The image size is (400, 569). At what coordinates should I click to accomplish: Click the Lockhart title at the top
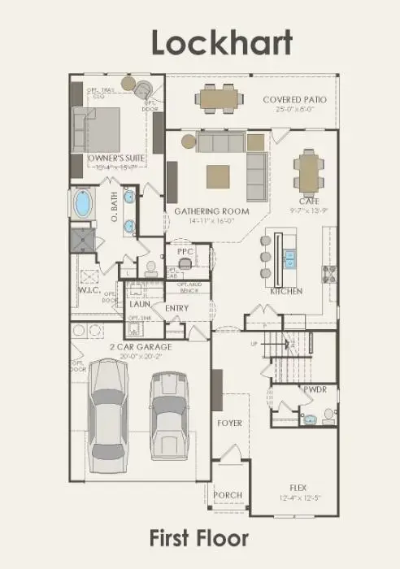pos(221,44)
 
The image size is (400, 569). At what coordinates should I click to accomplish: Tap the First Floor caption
pos(198,537)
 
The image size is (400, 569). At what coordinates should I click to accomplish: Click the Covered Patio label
pos(294,100)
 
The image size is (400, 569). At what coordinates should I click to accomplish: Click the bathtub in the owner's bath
pos(83,203)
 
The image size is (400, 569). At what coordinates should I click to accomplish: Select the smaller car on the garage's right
pos(168,420)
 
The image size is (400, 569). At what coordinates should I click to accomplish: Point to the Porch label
pos(227,495)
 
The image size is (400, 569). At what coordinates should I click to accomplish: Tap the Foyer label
pos(229,423)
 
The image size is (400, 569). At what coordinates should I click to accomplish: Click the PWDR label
pos(315,390)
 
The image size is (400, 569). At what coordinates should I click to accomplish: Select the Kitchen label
pos(286,291)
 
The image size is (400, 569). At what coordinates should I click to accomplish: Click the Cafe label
pos(309,201)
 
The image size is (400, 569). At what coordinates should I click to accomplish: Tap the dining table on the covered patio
pos(216,99)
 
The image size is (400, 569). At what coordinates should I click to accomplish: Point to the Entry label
pos(176,308)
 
